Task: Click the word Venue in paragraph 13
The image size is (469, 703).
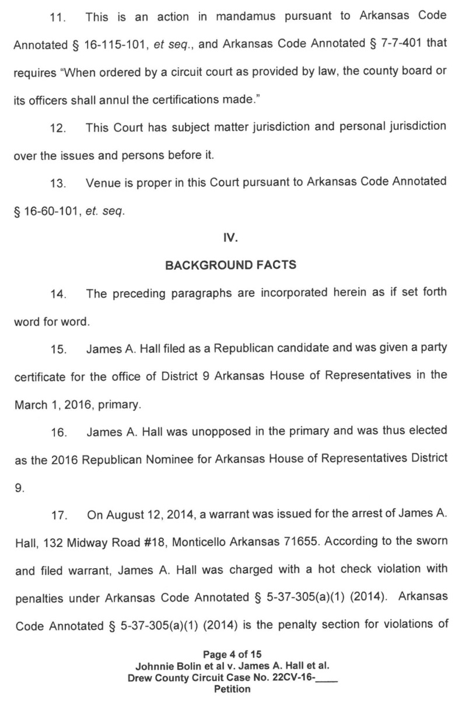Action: coord(104,182)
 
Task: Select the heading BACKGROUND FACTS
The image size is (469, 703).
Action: coord(231,265)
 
